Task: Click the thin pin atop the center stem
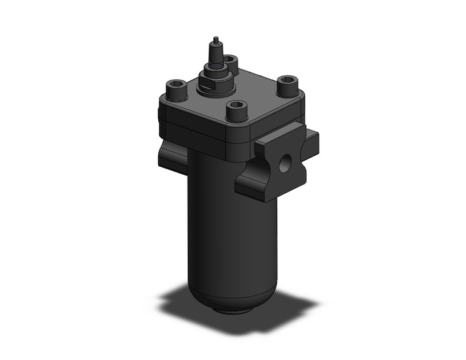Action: point(215,42)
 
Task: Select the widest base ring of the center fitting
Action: point(216,88)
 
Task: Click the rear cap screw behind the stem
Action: point(231,61)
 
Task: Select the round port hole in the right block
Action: point(285,163)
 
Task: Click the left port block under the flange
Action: point(172,156)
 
